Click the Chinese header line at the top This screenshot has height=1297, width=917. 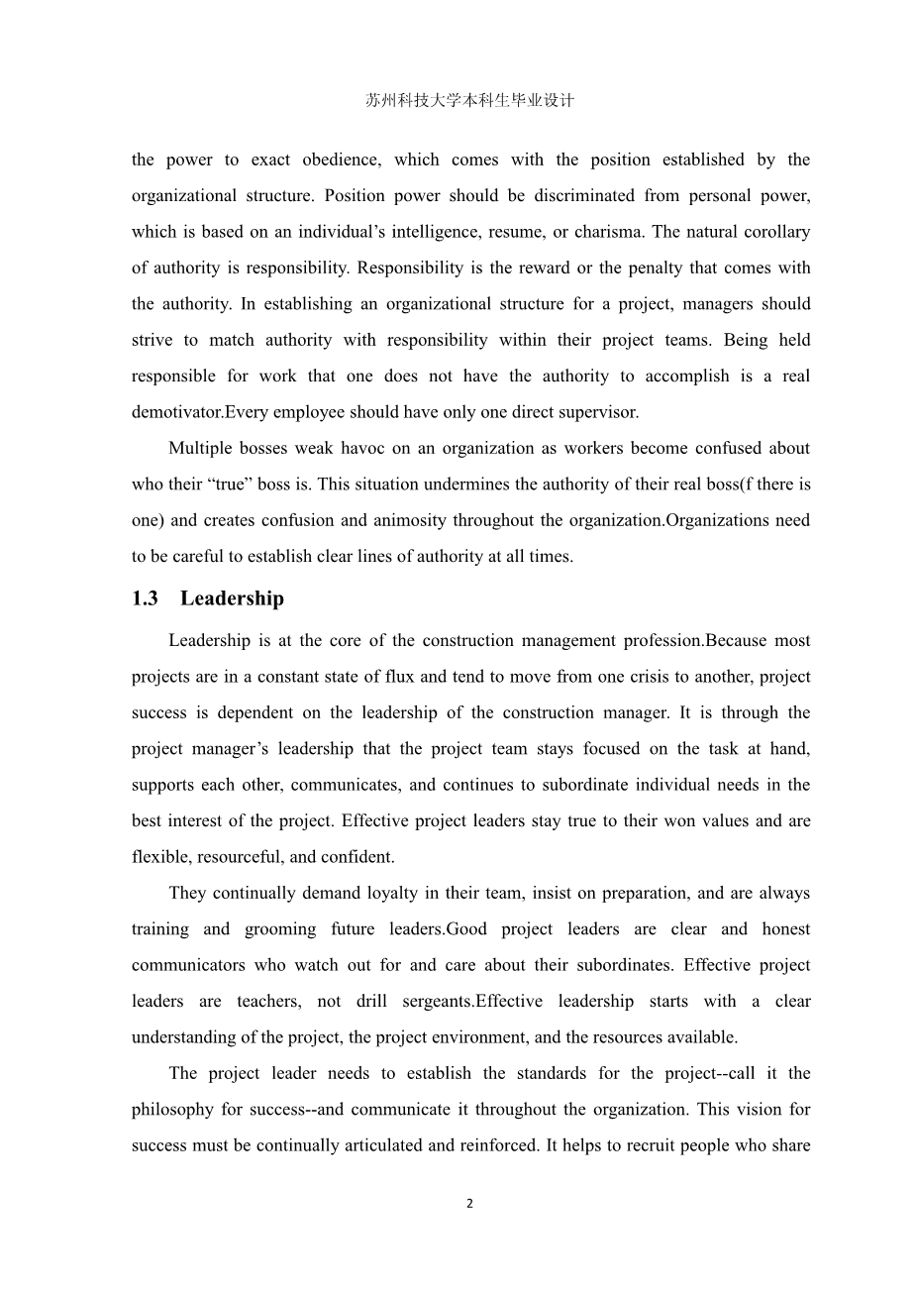[469, 101]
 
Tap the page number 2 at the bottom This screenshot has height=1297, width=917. [469, 1204]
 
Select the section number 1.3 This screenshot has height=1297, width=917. [145, 598]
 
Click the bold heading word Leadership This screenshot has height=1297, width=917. [232, 598]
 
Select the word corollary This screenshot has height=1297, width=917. [774, 232]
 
